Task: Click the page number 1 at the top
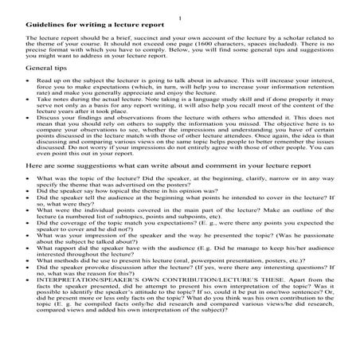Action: (182, 17)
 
